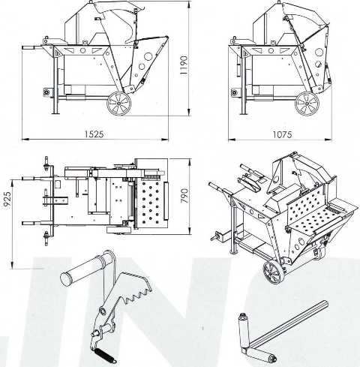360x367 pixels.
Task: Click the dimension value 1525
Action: [94, 134]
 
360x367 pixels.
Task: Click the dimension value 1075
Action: [282, 134]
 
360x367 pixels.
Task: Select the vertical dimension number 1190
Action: [184, 65]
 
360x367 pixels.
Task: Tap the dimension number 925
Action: [7, 199]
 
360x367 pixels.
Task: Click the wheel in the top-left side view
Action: [119, 104]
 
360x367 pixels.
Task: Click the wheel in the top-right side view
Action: [307, 104]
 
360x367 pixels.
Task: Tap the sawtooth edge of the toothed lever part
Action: [136, 295]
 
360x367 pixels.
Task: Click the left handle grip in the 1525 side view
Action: [28, 47]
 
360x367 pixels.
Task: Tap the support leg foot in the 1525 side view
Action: [56, 113]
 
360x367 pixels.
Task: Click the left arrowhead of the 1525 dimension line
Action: [25, 139]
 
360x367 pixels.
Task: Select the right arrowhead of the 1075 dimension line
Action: [328, 139]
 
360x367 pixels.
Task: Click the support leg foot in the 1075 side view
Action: [244, 113]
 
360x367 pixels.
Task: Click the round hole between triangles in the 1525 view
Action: [82, 50]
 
